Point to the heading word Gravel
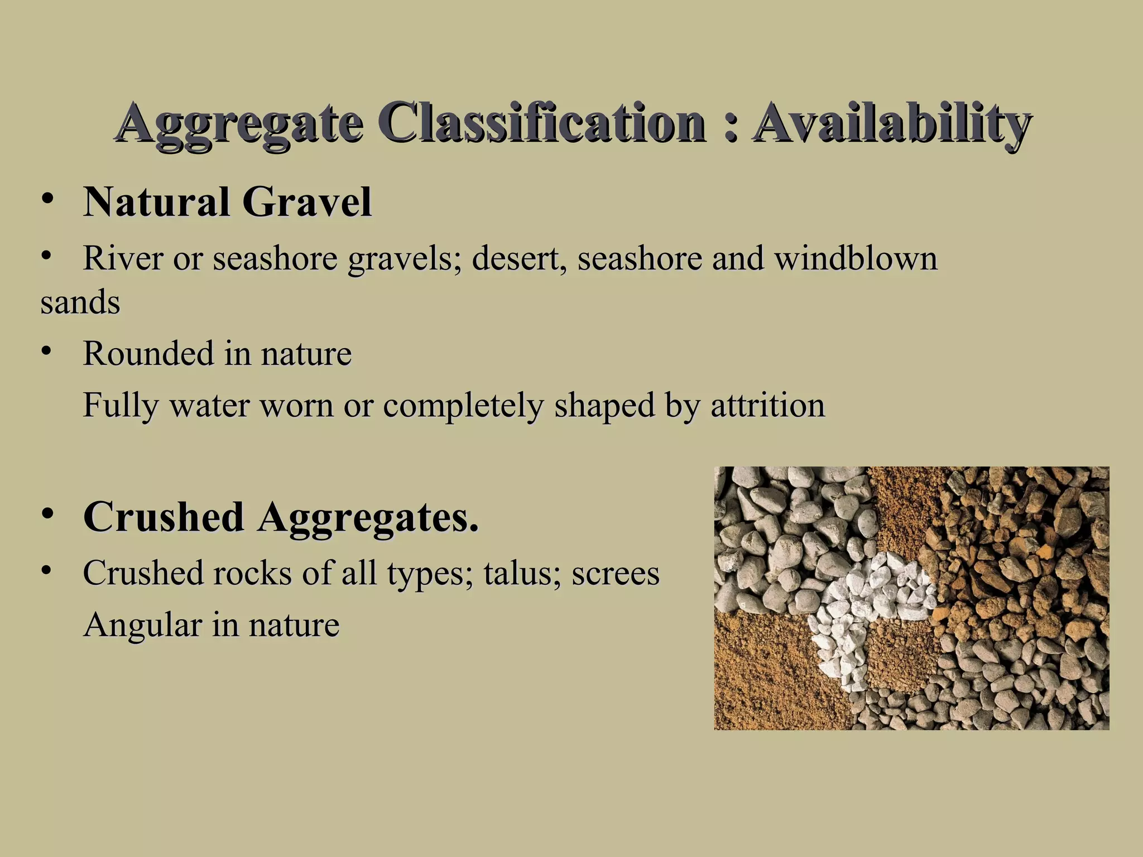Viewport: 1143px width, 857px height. click(x=307, y=201)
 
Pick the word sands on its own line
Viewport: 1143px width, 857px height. click(x=80, y=303)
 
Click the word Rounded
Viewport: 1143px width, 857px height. click(x=148, y=354)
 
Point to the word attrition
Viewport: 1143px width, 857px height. click(x=767, y=405)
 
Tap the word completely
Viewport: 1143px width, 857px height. click(x=463, y=406)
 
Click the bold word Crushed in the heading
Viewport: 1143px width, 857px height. click(x=164, y=517)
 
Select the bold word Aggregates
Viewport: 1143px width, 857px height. click(x=368, y=518)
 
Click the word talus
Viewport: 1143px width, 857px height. click(x=522, y=574)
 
